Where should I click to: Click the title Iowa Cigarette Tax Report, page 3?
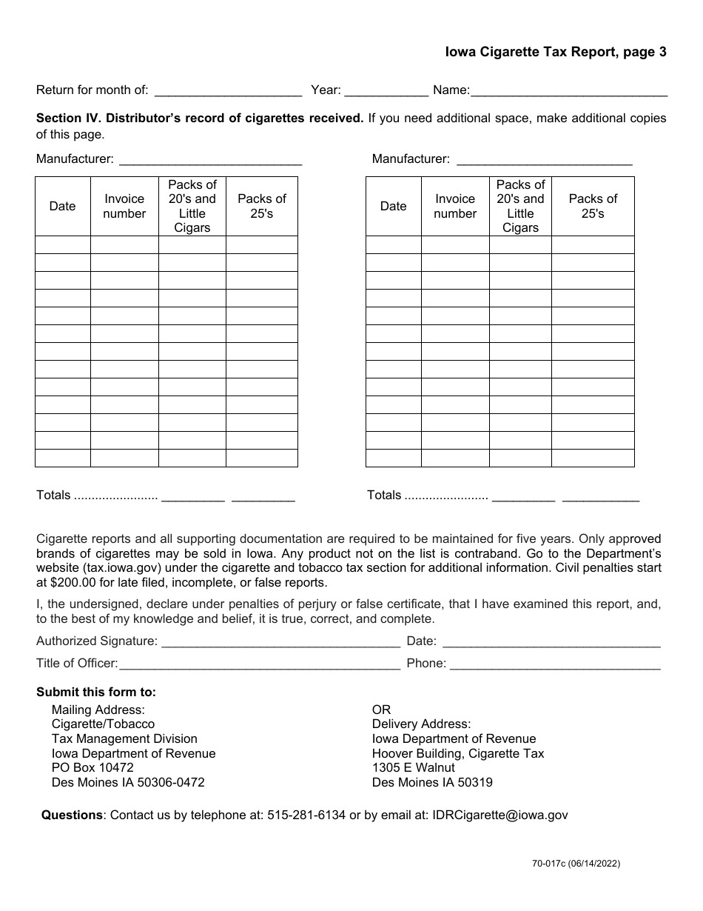coord(555,52)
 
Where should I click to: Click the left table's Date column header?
coord(62,206)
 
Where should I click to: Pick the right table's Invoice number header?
coord(455,206)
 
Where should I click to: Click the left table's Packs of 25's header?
coord(261,206)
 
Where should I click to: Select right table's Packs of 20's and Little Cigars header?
coord(520,206)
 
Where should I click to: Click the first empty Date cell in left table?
coord(62,245)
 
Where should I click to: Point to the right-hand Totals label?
coord(384,495)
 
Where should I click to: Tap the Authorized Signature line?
coord(280,641)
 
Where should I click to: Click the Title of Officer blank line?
coord(259,664)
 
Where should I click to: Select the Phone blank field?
coord(555,664)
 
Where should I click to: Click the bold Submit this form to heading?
coord(96,693)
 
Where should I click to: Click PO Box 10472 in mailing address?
coord(92,768)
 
